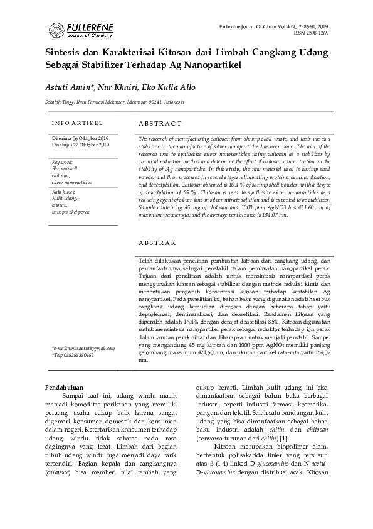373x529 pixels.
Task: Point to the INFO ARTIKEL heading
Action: [77, 123]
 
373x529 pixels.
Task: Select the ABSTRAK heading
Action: [157, 242]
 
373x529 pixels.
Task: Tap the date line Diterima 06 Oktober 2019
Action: [80, 138]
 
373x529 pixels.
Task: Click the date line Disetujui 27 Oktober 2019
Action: [80, 145]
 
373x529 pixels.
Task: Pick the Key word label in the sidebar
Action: [63, 163]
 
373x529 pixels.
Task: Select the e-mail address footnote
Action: [83, 348]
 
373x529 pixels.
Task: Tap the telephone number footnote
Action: [73, 355]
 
